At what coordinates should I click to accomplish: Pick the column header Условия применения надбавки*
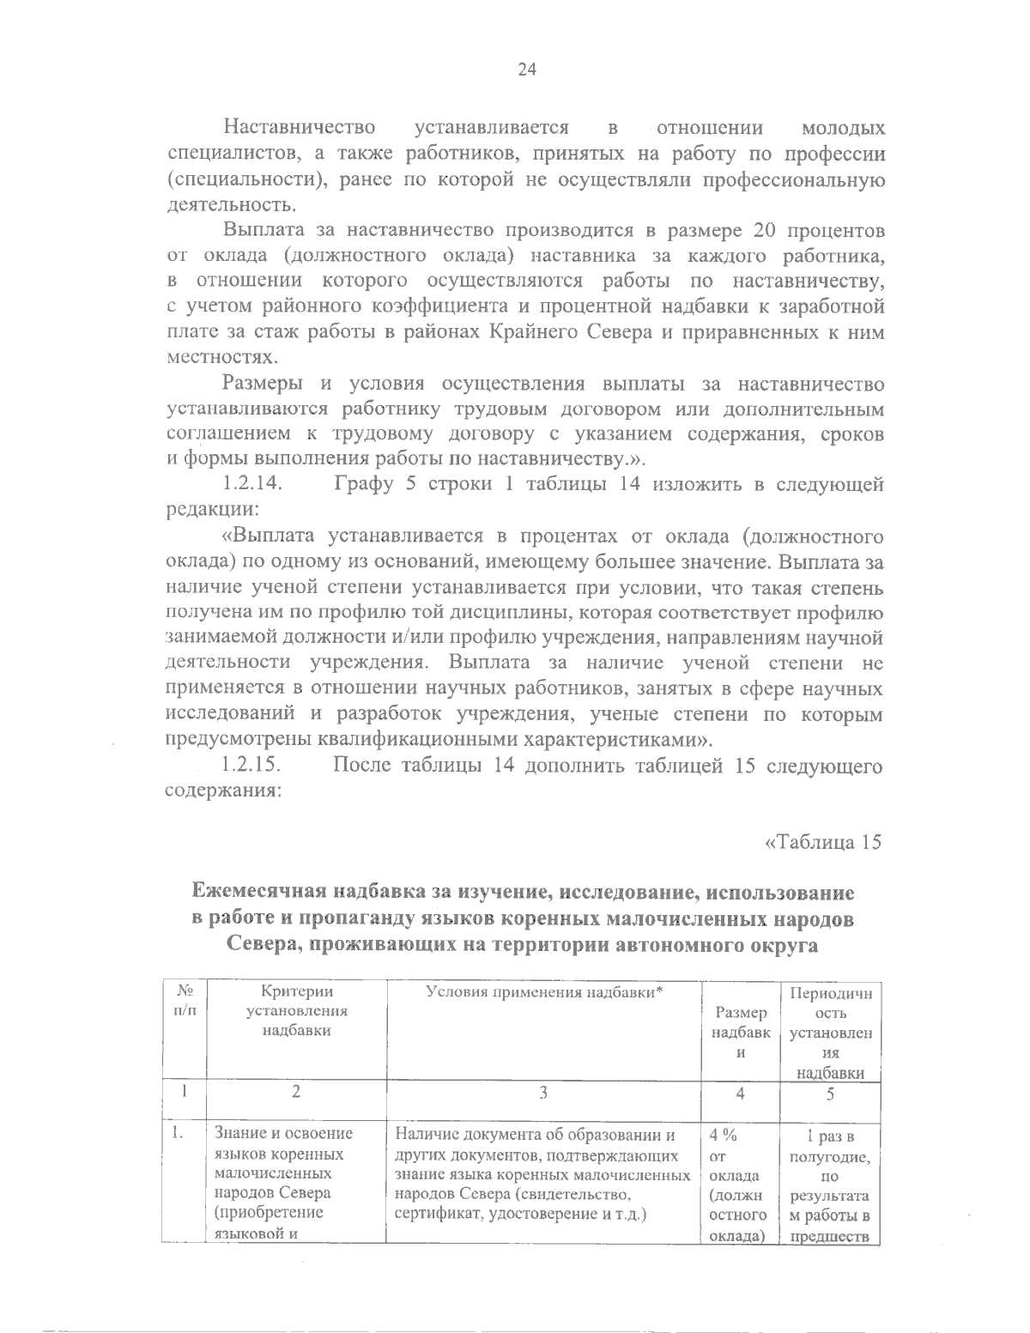point(546,992)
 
